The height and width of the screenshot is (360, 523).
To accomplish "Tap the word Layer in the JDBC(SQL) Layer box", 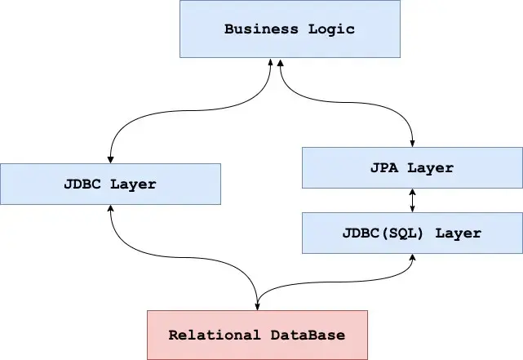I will click(458, 233).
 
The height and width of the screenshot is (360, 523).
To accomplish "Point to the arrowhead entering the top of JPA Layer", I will click(412, 143).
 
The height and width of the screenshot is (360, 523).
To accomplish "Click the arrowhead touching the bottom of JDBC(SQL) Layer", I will click(412, 258).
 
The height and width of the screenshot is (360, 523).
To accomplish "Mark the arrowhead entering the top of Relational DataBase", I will click(258, 306).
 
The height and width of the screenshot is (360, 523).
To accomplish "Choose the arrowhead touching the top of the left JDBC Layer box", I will click(110, 158).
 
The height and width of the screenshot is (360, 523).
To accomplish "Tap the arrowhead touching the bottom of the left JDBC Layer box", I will click(110, 209).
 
